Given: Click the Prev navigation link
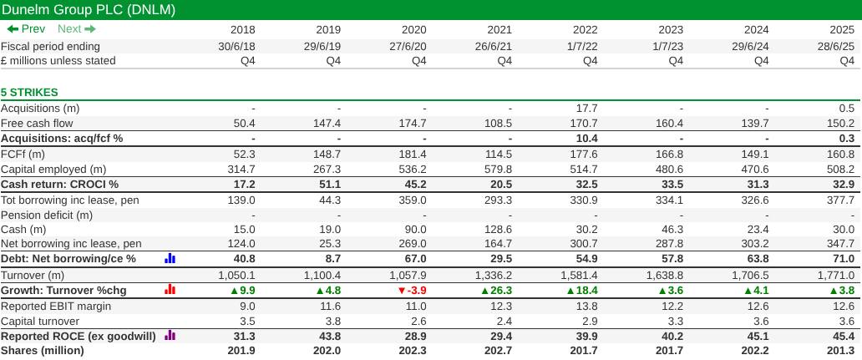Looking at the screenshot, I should coord(26,29).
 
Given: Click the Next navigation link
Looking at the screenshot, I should coord(77,29).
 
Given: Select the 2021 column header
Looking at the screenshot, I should coord(499,30).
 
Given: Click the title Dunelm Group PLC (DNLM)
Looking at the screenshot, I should coord(87,9).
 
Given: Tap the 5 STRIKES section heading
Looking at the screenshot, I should coord(29,92).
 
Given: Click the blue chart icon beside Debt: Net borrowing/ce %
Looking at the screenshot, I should coord(170,259).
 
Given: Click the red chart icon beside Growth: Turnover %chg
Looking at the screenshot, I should coord(170,290).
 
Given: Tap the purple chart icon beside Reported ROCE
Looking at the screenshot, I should coord(170,336).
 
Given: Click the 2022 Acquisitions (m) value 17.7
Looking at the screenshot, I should coord(586,109).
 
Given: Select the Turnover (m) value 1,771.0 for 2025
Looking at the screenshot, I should coord(836,275).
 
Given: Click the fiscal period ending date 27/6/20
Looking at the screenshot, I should coord(408,47).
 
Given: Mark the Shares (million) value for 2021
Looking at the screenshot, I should coord(499,351).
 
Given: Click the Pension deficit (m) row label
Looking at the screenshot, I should coord(47,215).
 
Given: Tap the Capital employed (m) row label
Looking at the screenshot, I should coord(53,169).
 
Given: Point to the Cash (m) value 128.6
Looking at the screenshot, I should coord(498,230).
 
